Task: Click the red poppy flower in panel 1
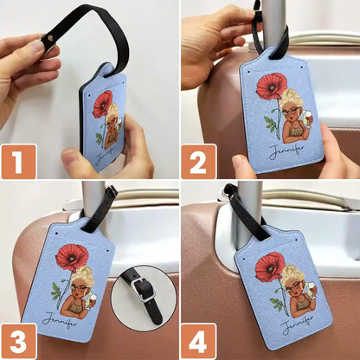103,103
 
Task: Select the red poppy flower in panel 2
270,87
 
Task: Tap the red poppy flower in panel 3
71,257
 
